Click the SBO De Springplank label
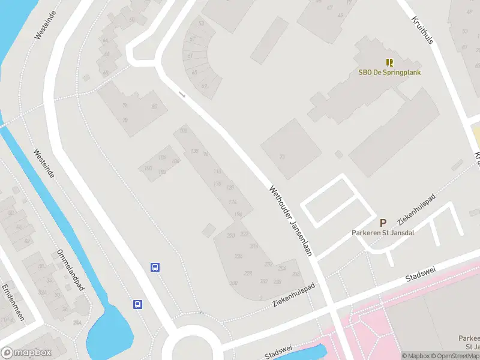[x=389, y=73]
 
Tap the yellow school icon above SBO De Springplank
[x=389, y=62]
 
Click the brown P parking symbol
[x=383, y=223]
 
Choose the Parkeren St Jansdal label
[x=383, y=233]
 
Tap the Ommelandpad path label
[x=71, y=270]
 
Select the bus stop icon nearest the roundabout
[x=138, y=304]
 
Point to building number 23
[x=282, y=157]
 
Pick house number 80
[x=154, y=107]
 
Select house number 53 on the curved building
[x=201, y=23]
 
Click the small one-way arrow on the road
[x=182, y=94]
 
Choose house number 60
[x=131, y=20]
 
